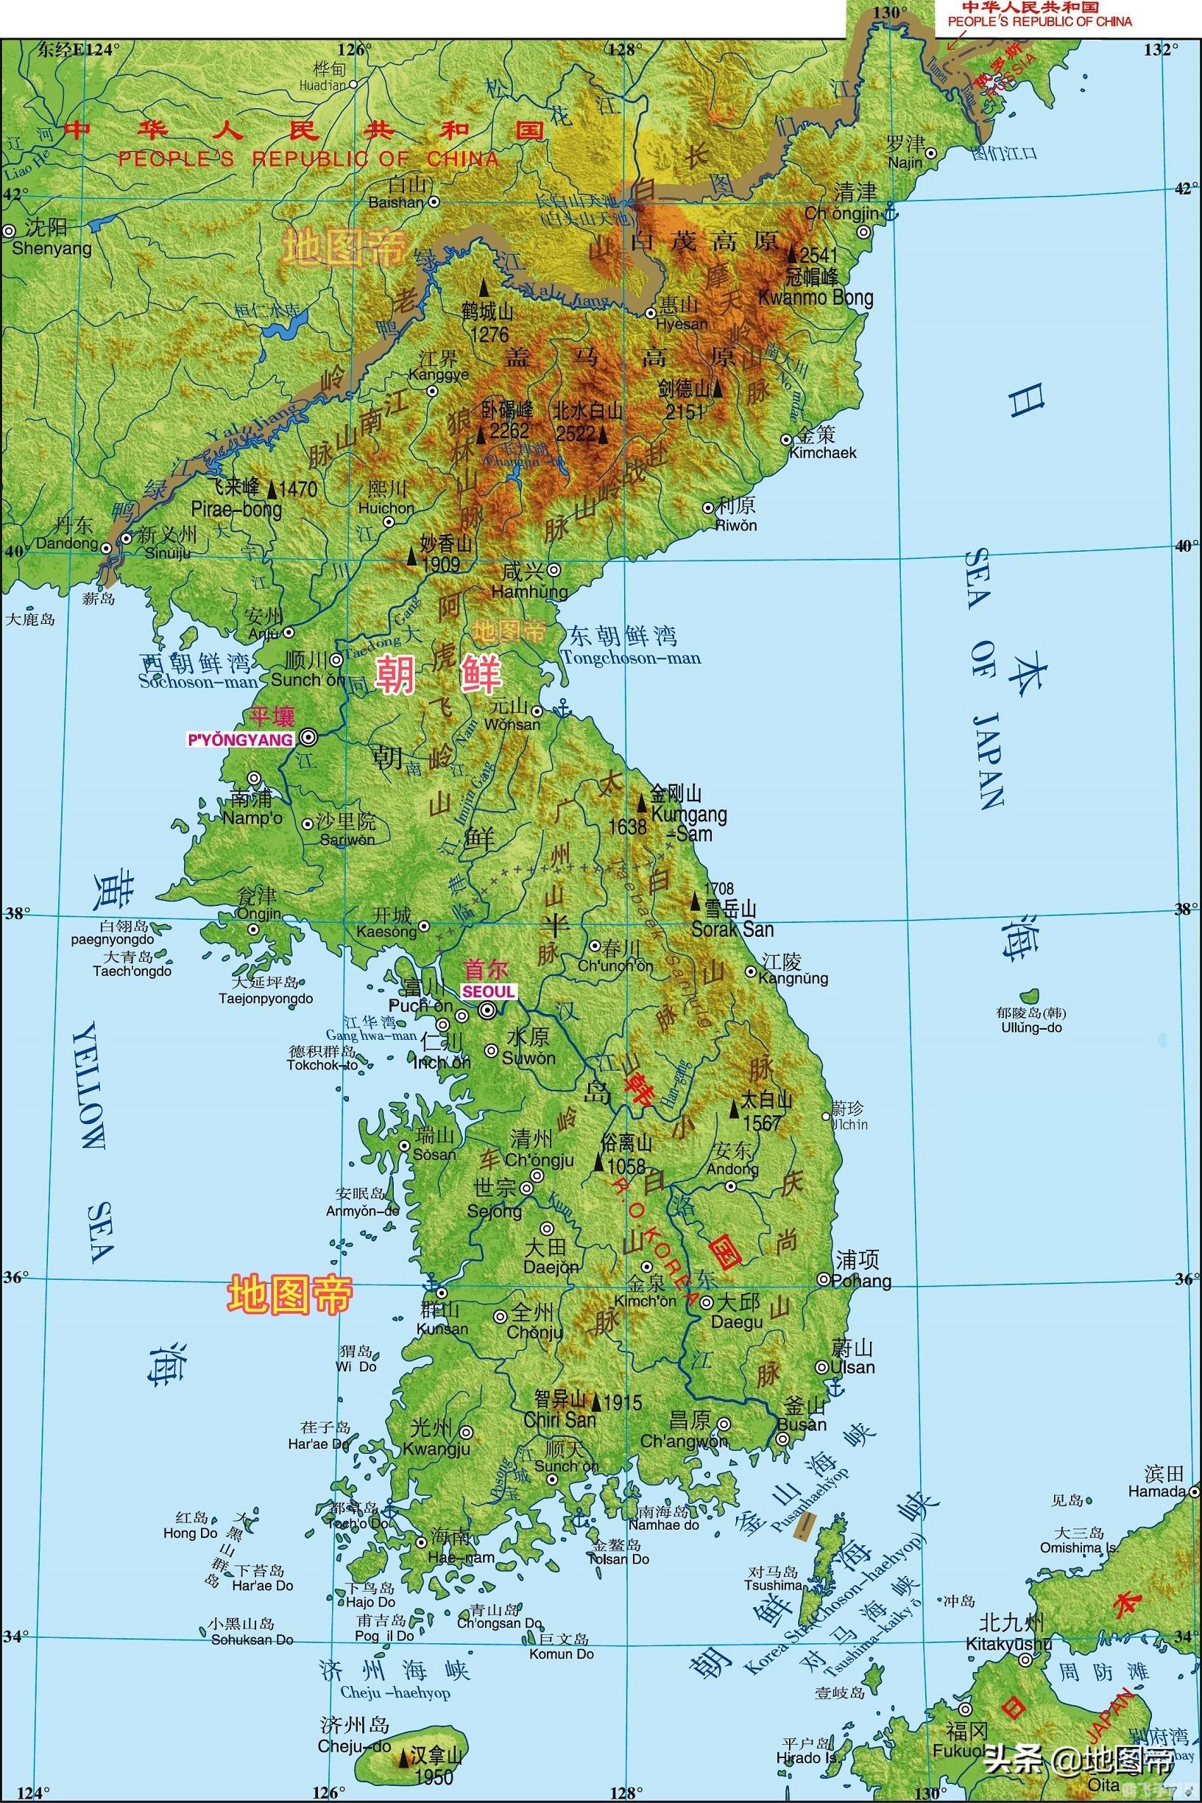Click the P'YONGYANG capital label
pyautogui.click(x=240, y=739)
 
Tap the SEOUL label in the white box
pyautogui.click(x=487, y=991)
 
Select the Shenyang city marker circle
pyautogui.click(x=9, y=230)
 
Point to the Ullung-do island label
pyautogui.click(x=1031, y=1027)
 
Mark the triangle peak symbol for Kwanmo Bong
pyautogui.click(x=792, y=254)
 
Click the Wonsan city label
pyautogui.click(x=512, y=724)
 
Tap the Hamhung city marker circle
pyautogui.click(x=554, y=570)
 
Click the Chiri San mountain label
pyautogui.click(x=559, y=1419)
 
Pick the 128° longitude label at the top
pyautogui.click(x=622, y=50)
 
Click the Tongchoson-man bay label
pyautogui.click(x=630, y=658)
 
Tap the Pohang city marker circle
pyautogui.click(x=822, y=1279)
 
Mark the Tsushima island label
pyautogui.click(x=773, y=1584)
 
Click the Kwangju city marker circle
pyautogui.click(x=466, y=1431)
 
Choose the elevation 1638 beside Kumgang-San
pyautogui.click(x=628, y=826)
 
